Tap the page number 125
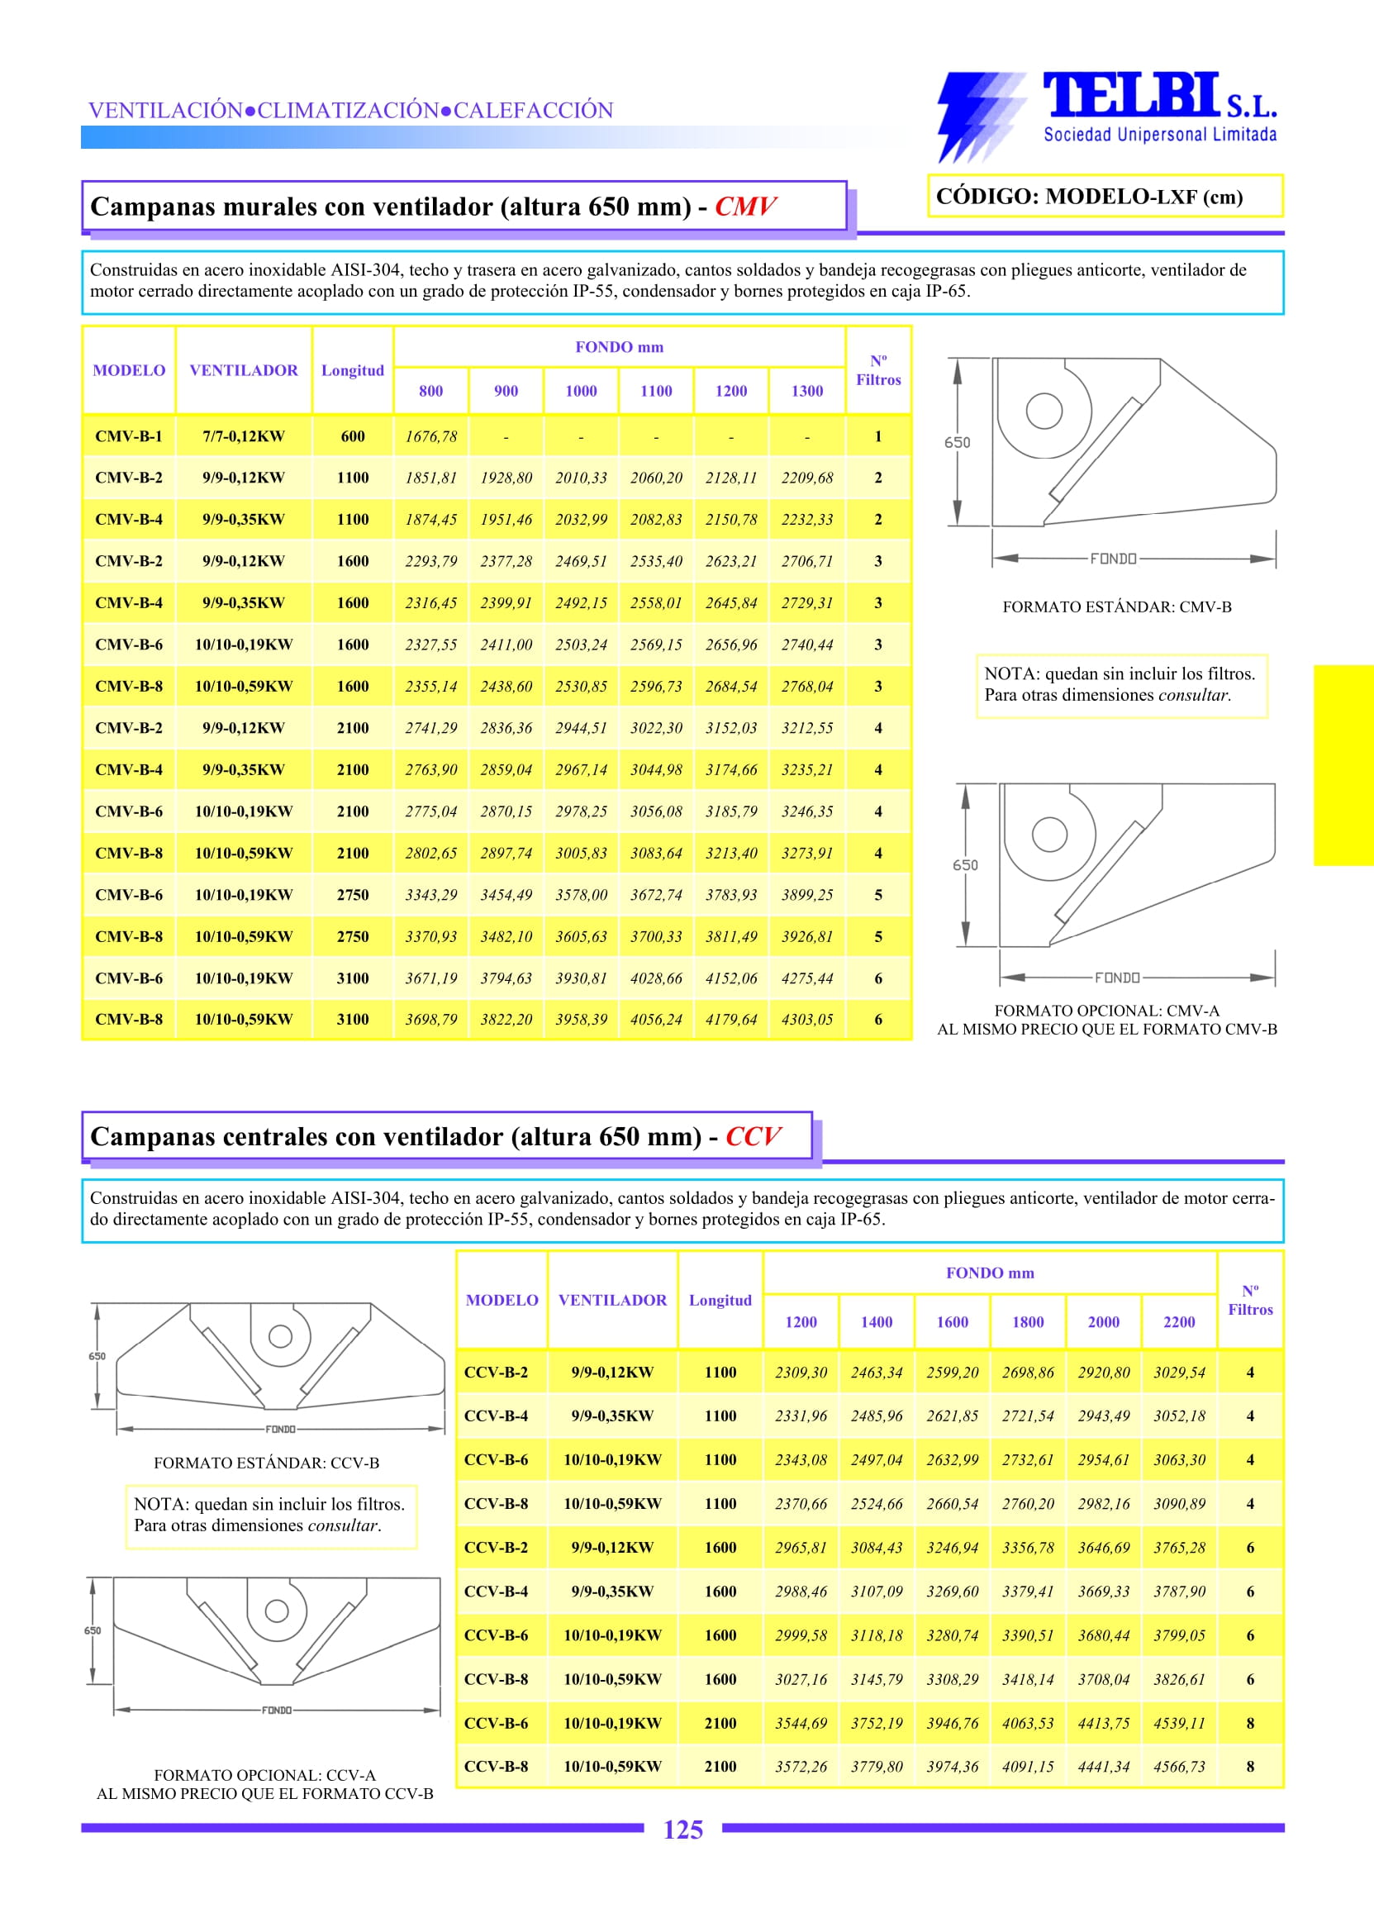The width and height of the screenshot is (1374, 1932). pos(682,1830)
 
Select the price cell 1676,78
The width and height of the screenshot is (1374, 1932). pos(430,436)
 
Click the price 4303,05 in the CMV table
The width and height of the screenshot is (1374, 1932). pos(806,1020)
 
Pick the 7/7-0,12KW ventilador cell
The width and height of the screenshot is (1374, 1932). pos(244,436)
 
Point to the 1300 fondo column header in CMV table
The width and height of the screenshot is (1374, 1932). pos(806,391)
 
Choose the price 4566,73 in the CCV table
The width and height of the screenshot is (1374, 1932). pos(1178,1766)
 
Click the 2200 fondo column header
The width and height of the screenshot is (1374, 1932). pos(1178,1322)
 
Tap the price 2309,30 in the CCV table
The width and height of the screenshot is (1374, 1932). pos(801,1373)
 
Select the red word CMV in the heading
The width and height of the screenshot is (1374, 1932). pos(744,207)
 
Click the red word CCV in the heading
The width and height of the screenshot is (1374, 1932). pos(752,1136)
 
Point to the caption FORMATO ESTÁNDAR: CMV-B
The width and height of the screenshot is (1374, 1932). pos(1117,607)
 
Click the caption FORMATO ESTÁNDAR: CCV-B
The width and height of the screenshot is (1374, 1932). pos(267,1463)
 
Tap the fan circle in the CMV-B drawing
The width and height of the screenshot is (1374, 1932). pos(1044,412)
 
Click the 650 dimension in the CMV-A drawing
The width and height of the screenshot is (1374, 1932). pos(965,865)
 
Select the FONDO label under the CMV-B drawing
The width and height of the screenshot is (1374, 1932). pos(1113,559)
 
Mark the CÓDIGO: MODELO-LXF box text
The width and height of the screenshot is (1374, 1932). pos(1089,197)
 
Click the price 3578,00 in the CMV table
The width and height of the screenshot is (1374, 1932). pos(581,894)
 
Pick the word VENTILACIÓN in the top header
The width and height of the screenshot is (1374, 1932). pos(166,111)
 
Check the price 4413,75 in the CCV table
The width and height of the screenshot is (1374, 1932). pos(1103,1723)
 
